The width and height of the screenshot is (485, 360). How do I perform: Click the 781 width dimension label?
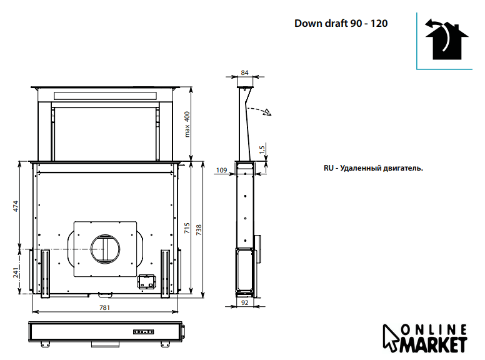pyautogui.click(x=104, y=307)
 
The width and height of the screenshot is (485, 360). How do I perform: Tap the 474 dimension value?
pyautogui.click(x=16, y=206)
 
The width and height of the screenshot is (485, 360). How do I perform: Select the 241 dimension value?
pyautogui.click(x=16, y=272)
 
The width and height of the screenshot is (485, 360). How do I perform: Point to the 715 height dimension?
pyautogui.click(x=187, y=228)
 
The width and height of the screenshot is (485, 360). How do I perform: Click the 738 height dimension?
pyautogui.click(x=199, y=230)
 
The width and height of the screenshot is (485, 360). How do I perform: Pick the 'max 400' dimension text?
pyautogui.click(x=187, y=124)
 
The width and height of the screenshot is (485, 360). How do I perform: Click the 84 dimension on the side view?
pyautogui.click(x=244, y=72)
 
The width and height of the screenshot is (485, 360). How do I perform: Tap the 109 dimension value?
pyautogui.click(x=221, y=170)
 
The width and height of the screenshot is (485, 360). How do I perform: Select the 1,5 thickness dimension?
pyautogui.click(x=262, y=150)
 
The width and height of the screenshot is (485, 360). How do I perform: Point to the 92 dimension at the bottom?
pyautogui.click(x=244, y=302)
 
